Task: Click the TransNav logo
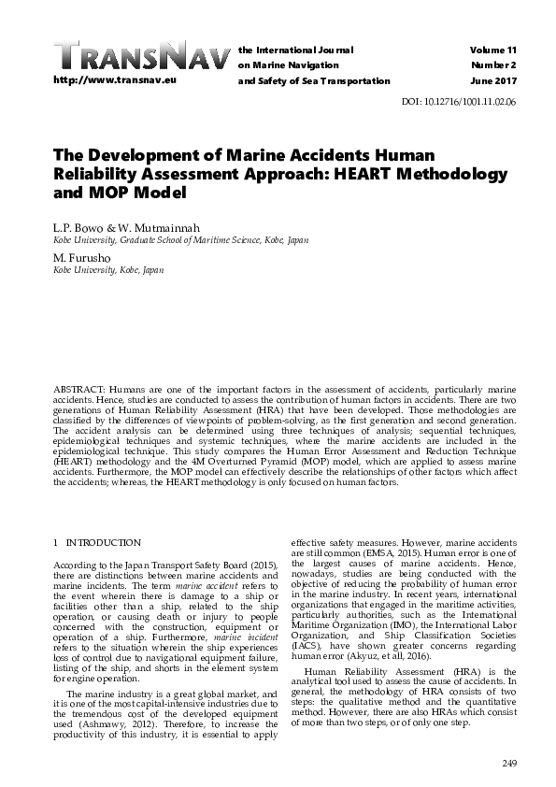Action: tap(140, 57)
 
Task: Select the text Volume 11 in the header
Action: tap(492, 49)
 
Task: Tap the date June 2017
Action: tap(495, 81)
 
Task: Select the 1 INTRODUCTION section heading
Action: tap(97, 542)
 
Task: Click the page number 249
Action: tap(508, 765)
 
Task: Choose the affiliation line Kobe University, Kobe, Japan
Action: tap(109, 269)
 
